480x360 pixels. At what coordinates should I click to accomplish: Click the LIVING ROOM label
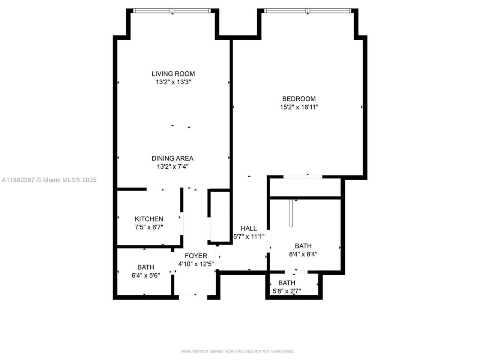[x=173, y=74]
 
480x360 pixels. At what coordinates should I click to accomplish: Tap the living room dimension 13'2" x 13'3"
[x=173, y=82]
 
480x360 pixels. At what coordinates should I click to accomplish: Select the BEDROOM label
[x=299, y=99]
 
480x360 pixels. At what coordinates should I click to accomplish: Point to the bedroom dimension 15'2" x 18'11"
[x=299, y=107]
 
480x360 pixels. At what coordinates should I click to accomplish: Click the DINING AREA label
[x=172, y=159]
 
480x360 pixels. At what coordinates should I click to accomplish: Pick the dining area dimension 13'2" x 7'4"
[x=172, y=167]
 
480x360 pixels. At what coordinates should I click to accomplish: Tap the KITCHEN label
[x=149, y=219]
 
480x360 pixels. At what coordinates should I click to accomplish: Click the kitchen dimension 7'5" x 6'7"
[x=149, y=227]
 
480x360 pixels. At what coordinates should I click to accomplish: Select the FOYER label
[x=196, y=256]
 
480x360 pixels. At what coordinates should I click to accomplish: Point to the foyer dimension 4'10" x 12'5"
[x=196, y=264]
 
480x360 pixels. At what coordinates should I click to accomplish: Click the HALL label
[x=249, y=228]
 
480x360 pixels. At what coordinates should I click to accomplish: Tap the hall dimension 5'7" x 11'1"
[x=249, y=237]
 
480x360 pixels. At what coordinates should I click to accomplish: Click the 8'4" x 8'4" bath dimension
[x=303, y=254]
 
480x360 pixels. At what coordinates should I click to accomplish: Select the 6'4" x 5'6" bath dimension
[x=145, y=275]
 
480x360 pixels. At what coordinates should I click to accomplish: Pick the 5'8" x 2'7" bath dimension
[x=286, y=291]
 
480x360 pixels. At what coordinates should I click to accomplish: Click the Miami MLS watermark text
[x=49, y=180]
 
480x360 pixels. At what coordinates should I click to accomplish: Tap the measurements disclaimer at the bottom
[x=238, y=351]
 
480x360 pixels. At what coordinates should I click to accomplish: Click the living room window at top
[x=172, y=11]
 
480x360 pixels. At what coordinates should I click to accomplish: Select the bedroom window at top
[x=307, y=11]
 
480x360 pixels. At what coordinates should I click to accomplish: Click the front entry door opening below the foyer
[x=193, y=297]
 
